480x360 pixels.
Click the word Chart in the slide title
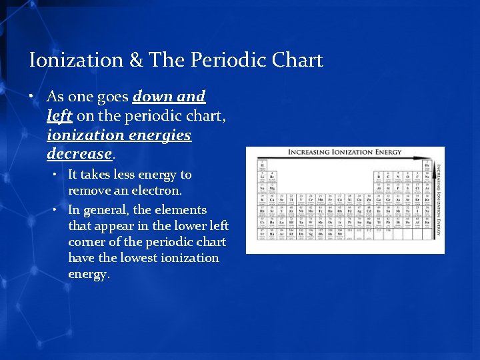pyautogui.click(x=297, y=61)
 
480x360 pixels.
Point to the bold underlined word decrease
pyautogui.click(x=79, y=154)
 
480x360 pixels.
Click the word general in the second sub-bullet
pyautogui.click(x=106, y=209)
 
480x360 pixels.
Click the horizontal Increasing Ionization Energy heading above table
pyautogui.click(x=345, y=152)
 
